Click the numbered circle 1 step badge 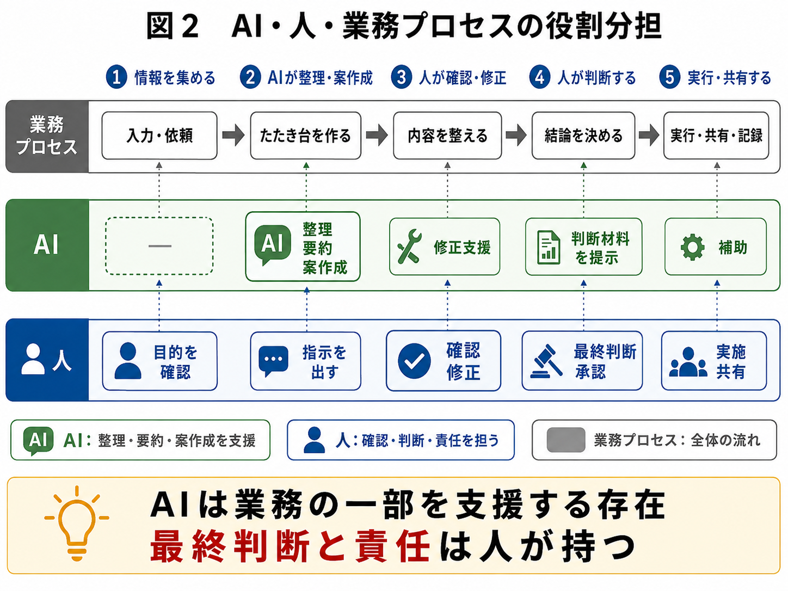point(116,77)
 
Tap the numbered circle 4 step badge point(540,77)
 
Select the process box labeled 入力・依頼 point(159,136)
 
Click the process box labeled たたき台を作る point(305,136)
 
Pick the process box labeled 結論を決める point(583,136)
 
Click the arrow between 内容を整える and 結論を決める point(516,136)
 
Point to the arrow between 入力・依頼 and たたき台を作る point(233,136)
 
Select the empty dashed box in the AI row point(159,246)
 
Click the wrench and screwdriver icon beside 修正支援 point(410,247)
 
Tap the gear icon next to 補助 point(693,247)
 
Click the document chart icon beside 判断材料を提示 point(549,247)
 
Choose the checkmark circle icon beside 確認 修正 point(414,361)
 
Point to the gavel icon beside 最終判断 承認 point(546,361)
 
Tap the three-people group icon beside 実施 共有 point(688,362)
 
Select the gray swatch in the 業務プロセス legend point(566,440)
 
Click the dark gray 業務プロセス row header point(47,137)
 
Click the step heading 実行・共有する point(729,77)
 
